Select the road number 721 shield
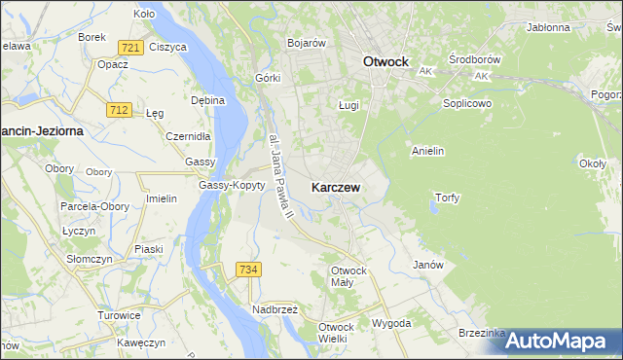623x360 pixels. tap(130, 48)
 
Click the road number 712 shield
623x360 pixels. tap(120, 110)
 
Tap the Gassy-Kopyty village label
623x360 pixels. tap(232, 185)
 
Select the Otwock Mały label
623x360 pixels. tap(348, 275)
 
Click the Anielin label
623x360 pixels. tap(428, 151)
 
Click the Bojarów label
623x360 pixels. tap(306, 43)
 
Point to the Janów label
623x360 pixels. tap(428, 265)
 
